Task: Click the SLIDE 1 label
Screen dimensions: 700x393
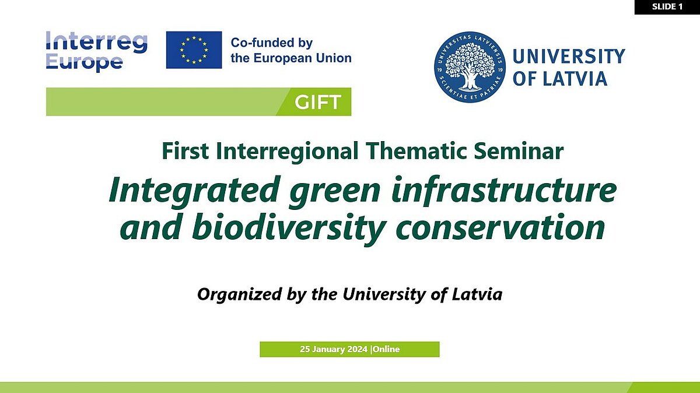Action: coord(667,6)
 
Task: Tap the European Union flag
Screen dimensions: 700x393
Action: coord(194,50)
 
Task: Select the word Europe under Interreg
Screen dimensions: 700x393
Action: coord(84,62)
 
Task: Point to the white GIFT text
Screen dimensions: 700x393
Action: coord(317,102)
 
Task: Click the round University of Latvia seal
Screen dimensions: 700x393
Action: coord(470,67)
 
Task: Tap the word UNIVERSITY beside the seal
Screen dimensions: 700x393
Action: coord(569,57)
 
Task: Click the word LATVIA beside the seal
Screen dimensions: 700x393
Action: coord(575,78)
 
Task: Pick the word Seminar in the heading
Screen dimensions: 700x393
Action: coord(519,151)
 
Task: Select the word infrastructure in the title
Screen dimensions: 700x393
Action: coord(504,190)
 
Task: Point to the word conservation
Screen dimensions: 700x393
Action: coord(500,227)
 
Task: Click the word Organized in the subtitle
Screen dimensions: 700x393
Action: coord(239,294)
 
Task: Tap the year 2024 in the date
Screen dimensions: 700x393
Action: coord(357,349)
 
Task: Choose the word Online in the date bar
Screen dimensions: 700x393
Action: coord(386,349)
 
